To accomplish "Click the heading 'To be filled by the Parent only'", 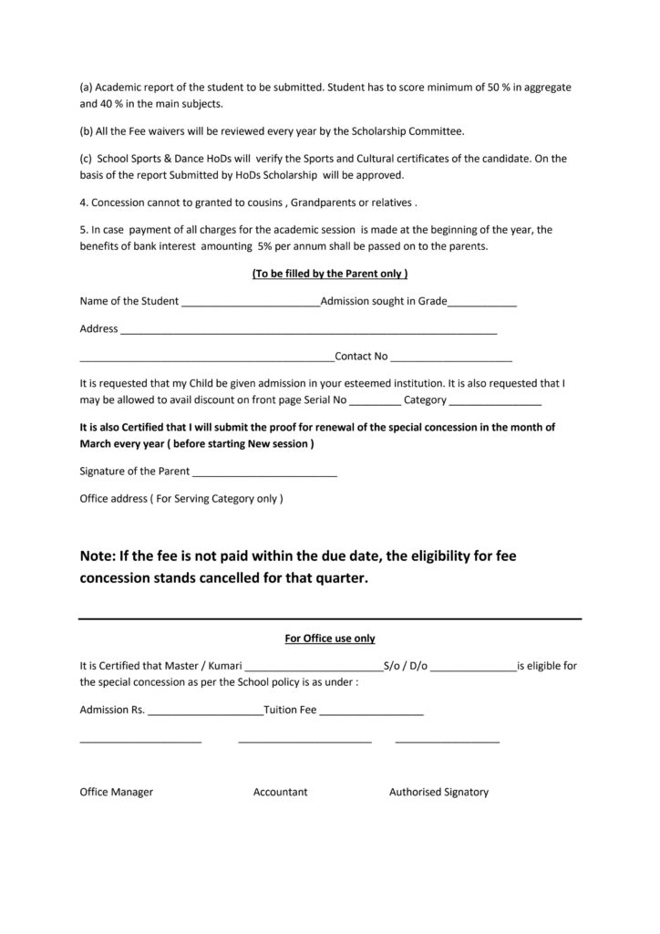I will (329, 274).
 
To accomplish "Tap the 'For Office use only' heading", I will (330, 638).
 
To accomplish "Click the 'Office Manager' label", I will (117, 792).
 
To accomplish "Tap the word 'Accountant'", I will (280, 792).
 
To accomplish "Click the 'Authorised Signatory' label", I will (438, 792).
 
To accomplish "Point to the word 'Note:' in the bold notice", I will (98, 555).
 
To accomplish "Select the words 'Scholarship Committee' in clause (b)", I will (413, 131).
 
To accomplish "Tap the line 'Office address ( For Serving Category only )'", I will (181, 499).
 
